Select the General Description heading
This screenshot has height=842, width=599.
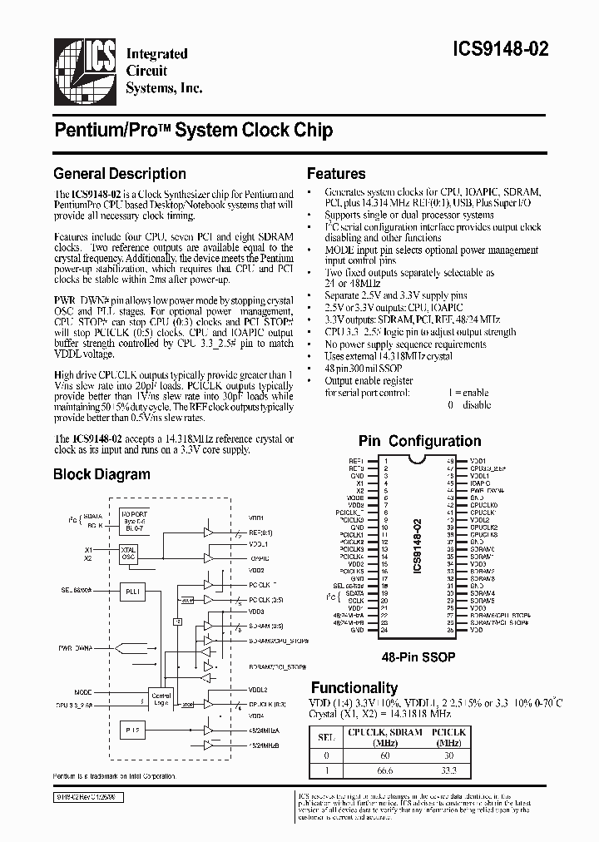click(x=119, y=174)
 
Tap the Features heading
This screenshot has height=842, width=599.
click(x=336, y=174)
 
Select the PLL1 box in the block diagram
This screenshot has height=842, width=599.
click(x=131, y=591)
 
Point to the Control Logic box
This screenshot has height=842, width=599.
click(x=161, y=699)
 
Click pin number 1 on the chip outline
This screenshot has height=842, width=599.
click(x=384, y=460)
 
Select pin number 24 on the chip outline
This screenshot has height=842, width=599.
click(x=384, y=630)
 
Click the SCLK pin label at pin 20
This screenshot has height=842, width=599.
click(x=355, y=601)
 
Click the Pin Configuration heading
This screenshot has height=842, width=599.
click(x=419, y=441)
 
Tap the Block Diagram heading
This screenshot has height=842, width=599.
click(x=101, y=475)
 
